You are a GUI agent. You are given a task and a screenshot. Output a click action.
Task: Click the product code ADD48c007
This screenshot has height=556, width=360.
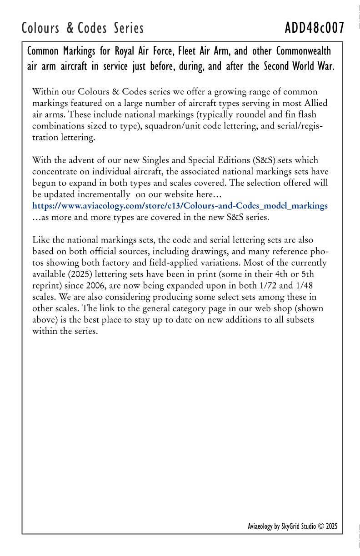click(x=314, y=28)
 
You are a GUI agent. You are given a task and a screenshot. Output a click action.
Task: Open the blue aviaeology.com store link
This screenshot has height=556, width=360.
click(x=180, y=206)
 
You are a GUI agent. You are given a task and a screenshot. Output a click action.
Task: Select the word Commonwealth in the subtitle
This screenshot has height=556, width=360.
click(x=303, y=50)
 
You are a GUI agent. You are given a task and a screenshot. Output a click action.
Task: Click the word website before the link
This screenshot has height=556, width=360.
click(x=170, y=194)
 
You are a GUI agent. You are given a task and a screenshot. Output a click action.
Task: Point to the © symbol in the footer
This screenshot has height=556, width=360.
click(x=321, y=526)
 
